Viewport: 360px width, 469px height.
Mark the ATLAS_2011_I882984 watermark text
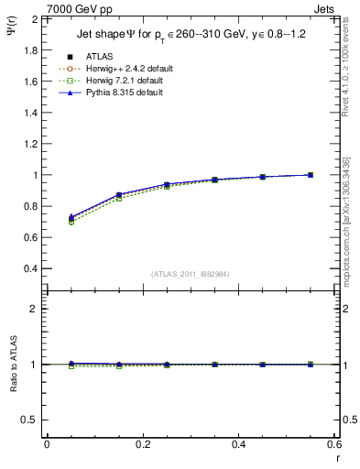(190, 274)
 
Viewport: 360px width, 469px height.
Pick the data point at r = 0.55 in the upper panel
(311, 175)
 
